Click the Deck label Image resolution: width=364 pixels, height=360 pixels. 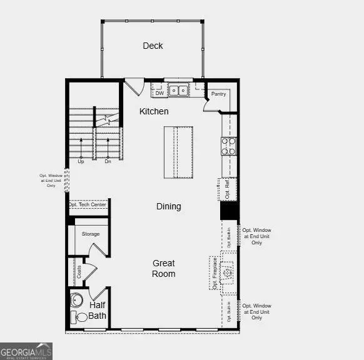pyautogui.click(x=153, y=46)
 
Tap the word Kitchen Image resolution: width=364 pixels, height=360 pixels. pyautogui.click(x=154, y=111)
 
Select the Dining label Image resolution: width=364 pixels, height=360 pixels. pyautogui.click(x=168, y=206)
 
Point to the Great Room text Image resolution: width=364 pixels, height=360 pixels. pyautogui.click(x=163, y=269)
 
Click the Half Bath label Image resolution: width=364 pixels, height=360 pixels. pyautogui.click(x=98, y=311)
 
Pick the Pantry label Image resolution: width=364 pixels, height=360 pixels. pyautogui.click(x=218, y=94)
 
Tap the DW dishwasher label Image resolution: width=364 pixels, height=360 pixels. pyautogui.click(x=159, y=94)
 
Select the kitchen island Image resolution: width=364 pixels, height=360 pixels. pyautogui.click(x=178, y=152)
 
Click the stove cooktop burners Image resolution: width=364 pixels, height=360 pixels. pyautogui.click(x=228, y=146)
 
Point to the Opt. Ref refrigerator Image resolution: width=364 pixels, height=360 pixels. pyautogui.click(x=228, y=189)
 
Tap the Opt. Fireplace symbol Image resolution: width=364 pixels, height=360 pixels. pyautogui.click(x=228, y=272)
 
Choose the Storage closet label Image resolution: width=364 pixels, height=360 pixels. pyautogui.click(x=91, y=234)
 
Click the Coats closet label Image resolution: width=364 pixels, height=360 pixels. pyautogui.click(x=79, y=272)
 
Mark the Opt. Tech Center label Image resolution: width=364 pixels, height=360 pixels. pyautogui.click(x=88, y=204)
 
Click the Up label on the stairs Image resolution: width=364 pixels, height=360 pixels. pyautogui.click(x=81, y=161)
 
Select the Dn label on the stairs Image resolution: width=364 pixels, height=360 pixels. pyautogui.click(x=108, y=161)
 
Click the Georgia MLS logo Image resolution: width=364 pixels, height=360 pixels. pyautogui.click(x=26, y=351)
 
